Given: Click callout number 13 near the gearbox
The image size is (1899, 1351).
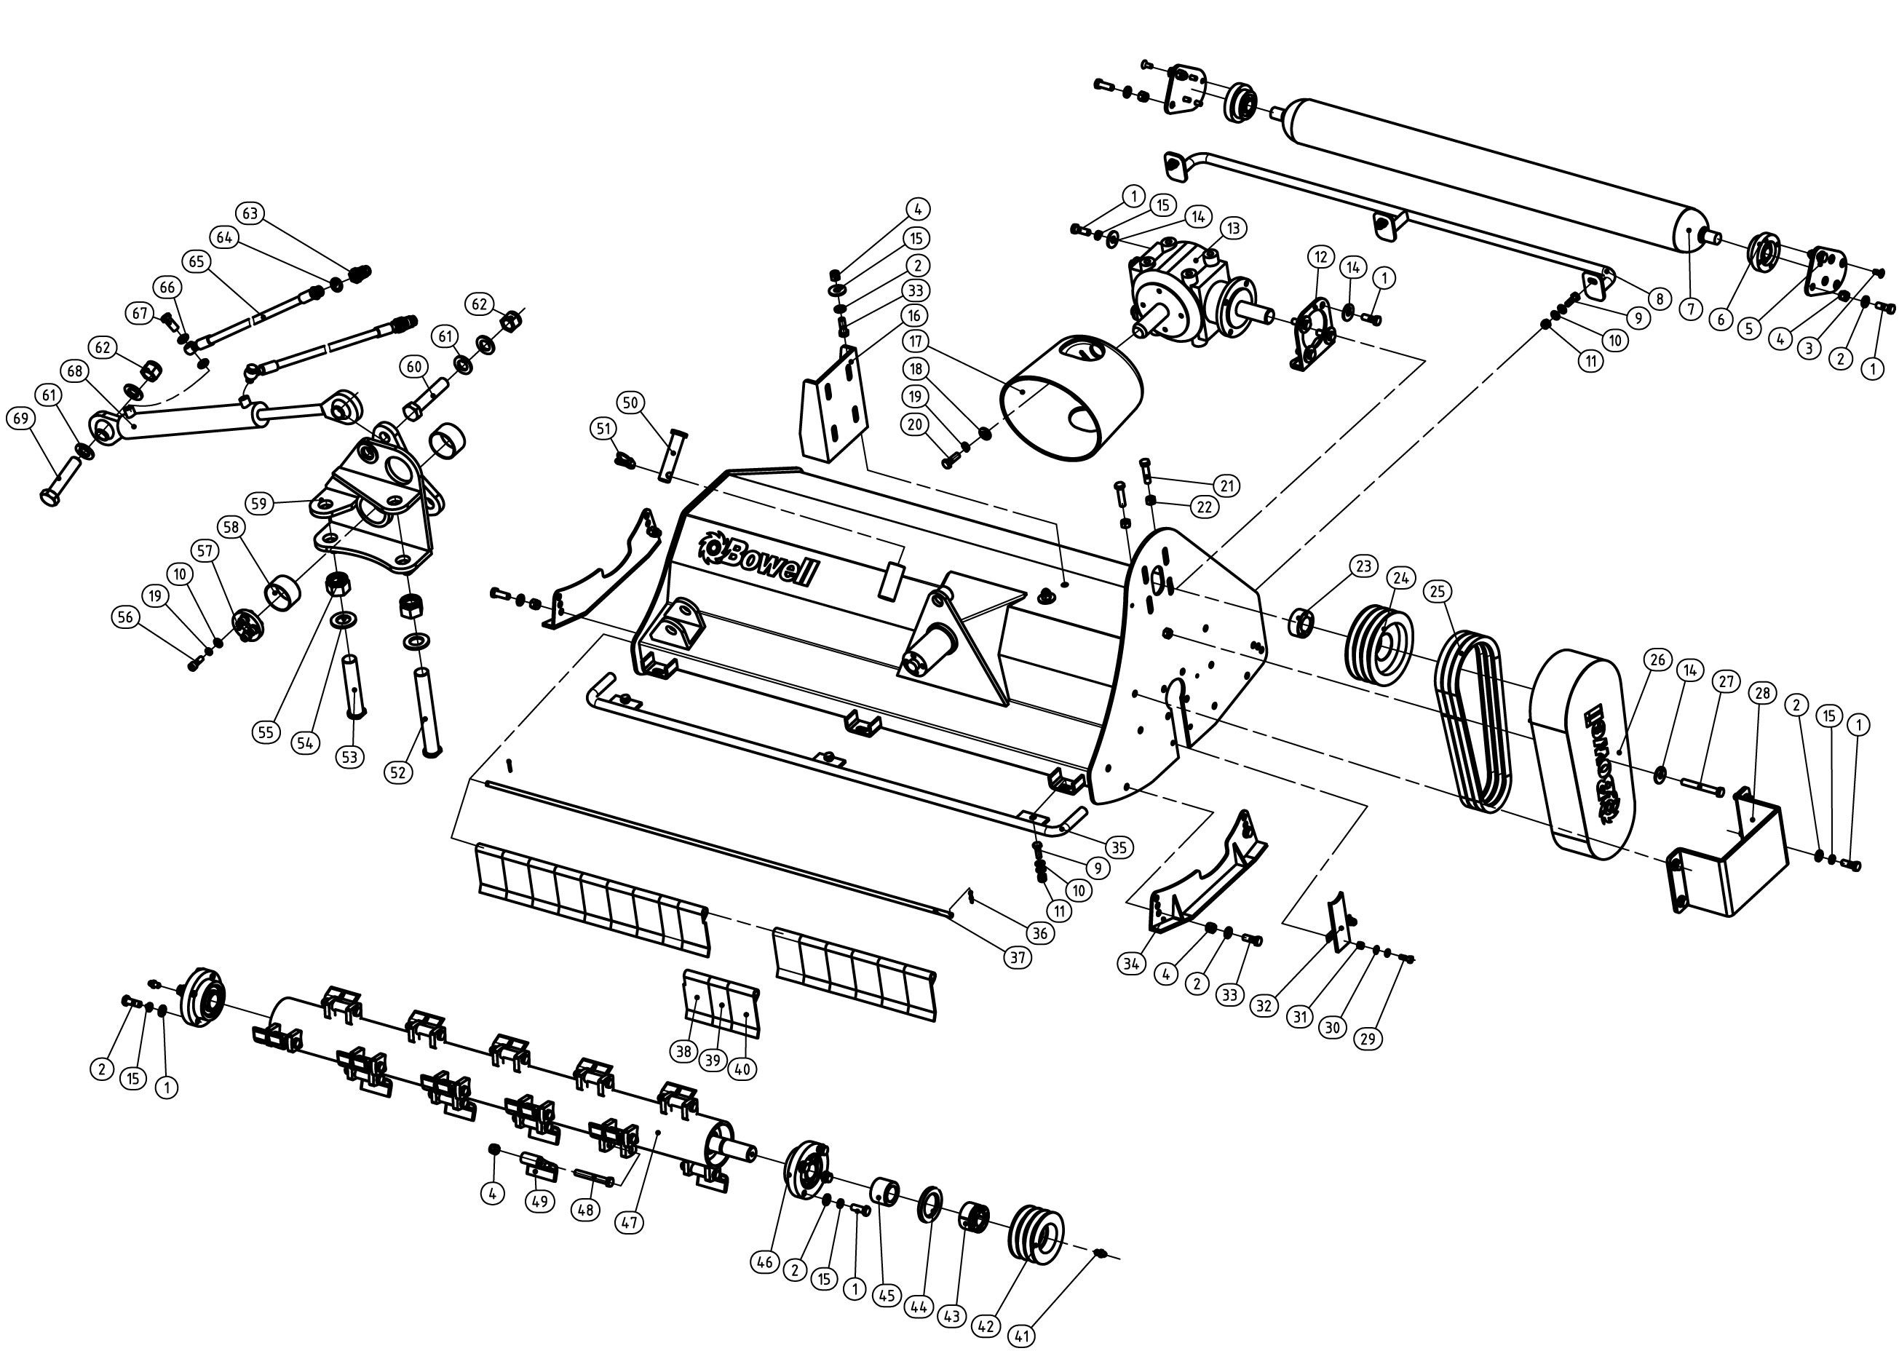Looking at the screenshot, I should pyautogui.click(x=1233, y=228).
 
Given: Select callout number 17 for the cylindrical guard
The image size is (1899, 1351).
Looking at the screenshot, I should pyautogui.click(x=916, y=341).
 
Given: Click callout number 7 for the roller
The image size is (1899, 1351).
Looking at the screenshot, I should pyautogui.click(x=1690, y=309).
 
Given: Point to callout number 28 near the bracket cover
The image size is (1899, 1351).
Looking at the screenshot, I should pyautogui.click(x=1761, y=693).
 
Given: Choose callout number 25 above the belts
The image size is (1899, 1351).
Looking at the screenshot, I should pyautogui.click(x=1438, y=592).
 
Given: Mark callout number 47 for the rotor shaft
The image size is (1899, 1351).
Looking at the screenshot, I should pyautogui.click(x=629, y=1223).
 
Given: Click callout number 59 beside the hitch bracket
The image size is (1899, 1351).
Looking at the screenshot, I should pyautogui.click(x=258, y=503).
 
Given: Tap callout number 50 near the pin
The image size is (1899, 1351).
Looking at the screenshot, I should pyautogui.click(x=630, y=403).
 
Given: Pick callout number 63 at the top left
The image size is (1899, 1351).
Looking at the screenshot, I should pyautogui.click(x=250, y=213).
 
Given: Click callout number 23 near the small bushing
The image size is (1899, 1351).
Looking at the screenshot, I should pyautogui.click(x=1363, y=567).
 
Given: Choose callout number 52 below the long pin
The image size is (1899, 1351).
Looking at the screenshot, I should pyautogui.click(x=398, y=772).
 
